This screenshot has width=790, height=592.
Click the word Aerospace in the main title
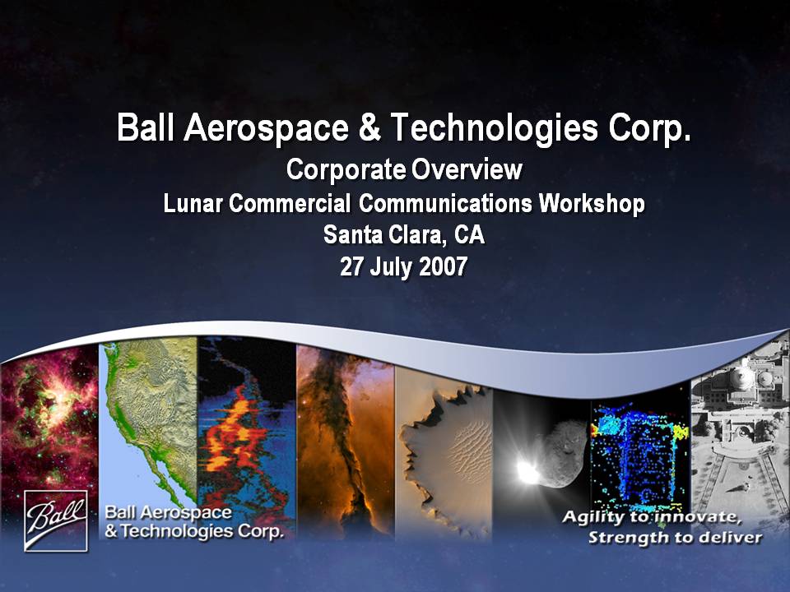(267, 127)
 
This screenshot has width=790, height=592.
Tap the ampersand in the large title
(370, 127)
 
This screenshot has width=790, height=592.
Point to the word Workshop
(592, 203)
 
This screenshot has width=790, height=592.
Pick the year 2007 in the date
(444, 266)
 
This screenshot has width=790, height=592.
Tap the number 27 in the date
(352, 266)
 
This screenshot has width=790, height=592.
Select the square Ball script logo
(56, 521)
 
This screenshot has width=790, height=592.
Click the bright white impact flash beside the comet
(527, 471)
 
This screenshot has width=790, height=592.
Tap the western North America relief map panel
(148, 423)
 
